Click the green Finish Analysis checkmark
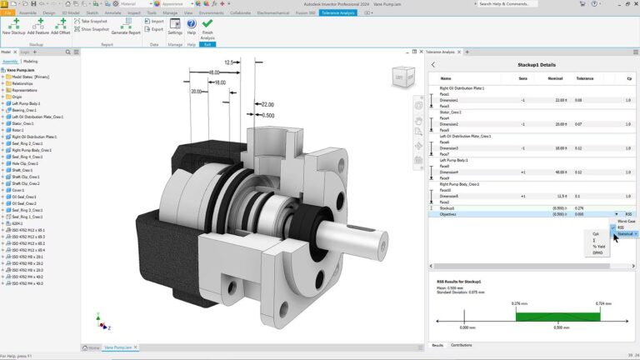(x=207, y=25)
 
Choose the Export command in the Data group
(x=154, y=29)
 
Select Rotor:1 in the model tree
(x=20, y=130)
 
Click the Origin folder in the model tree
(x=17, y=97)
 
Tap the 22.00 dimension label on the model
(x=267, y=104)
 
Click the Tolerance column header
(x=585, y=78)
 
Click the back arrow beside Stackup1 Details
(x=433, y=63)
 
